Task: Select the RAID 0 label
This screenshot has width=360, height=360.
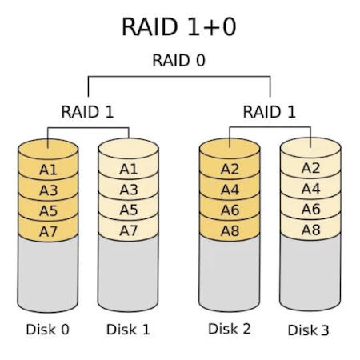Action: [x=178, y=60]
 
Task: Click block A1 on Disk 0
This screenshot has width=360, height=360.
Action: [x=48, y=170]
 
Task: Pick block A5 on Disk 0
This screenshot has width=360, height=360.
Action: [x=48, y=210]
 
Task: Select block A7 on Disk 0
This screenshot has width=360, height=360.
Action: [x=48, y=230]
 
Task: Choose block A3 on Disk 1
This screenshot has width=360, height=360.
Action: [x=128, y=190]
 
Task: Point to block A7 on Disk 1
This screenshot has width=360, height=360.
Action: [x=128, y=230]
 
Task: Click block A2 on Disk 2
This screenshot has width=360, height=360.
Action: [x=230, y=169]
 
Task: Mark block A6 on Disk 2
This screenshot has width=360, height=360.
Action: [x=230, y=210]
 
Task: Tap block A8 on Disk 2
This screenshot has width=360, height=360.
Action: [x=230, y=230]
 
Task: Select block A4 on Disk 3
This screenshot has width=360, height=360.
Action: [x=310, y=189]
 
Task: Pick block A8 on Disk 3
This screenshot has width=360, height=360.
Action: [x=310, y=230]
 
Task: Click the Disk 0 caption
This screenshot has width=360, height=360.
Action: [x=48, y=329]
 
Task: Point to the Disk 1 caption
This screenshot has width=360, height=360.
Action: [x=128, y=329]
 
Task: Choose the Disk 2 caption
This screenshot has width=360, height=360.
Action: [x=230, y=328]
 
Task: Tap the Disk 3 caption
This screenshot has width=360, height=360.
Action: [x=310, y=330]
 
